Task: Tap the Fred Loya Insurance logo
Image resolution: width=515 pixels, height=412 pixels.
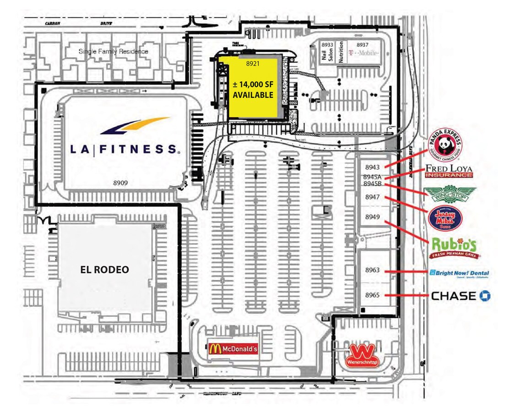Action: coord(449,171)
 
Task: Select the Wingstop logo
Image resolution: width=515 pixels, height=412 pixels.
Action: coord(450,194)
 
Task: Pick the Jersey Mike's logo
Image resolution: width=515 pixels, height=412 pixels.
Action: coord(445,217)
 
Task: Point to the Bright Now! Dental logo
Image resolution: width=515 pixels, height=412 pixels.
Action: coord(459,273)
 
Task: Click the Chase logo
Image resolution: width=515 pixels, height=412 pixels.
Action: coord(461,296)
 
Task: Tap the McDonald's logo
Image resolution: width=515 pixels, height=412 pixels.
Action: coord(233,348)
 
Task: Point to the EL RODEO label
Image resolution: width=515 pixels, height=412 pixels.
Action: coord(104,270)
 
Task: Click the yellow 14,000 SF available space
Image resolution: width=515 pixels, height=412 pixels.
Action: coord(253,89)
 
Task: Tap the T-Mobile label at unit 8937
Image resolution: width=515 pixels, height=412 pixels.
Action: coord(363,53)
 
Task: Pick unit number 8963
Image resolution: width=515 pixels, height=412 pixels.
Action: coord(372,270)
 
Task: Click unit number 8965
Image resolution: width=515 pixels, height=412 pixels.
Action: coord(372,295)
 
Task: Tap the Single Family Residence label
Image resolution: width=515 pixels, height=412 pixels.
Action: coord(114,51)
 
